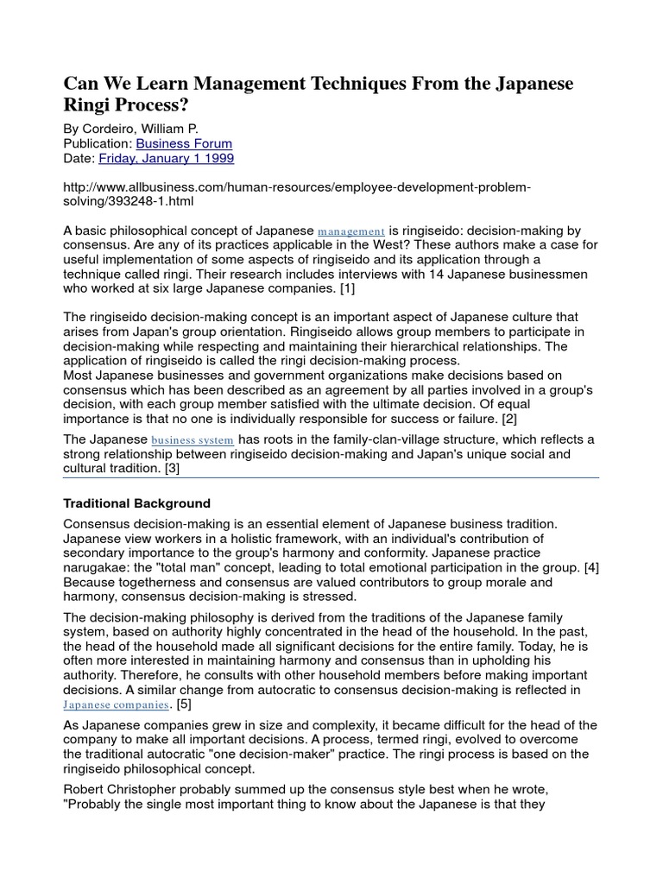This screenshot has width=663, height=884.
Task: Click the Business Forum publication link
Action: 185,143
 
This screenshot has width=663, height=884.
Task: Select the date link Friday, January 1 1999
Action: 167,159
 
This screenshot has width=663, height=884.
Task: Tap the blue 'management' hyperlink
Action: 351,231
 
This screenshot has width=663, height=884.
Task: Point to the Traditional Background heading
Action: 137,503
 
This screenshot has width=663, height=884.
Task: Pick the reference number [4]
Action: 590,567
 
